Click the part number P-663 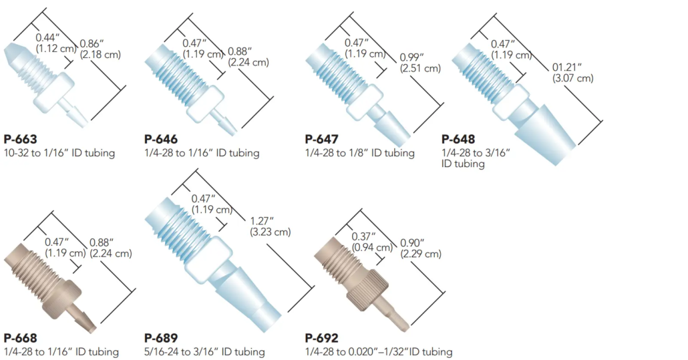tap(20, 139)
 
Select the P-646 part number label tap(161, 139)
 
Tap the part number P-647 tap(321, 139)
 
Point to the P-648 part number tap(458, 139)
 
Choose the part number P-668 tap(20, 338)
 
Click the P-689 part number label tap(161, 338)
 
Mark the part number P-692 tap(321, 338)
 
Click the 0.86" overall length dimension tap(92, 43)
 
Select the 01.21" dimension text tap(567, 67)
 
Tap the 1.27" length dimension tap(262, 221)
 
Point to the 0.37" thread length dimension tap(364, 237)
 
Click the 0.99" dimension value tap(411, 57)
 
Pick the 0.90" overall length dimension tap(412, 243)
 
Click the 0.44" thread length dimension tap(48, 37)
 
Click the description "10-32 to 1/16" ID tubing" tap(59, 153)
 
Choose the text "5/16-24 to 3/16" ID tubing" tap(204, 352)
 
